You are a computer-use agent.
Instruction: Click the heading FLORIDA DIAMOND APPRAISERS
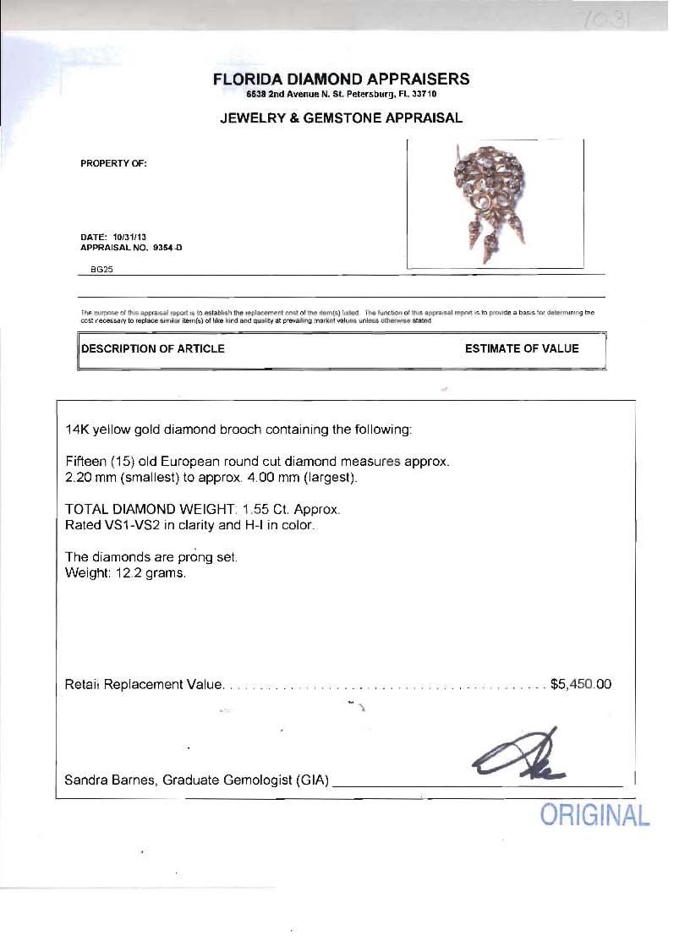(x=341, y=79)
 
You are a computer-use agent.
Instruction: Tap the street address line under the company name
(x=341, y=95)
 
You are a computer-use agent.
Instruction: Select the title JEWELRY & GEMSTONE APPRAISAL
(x=341, y=118)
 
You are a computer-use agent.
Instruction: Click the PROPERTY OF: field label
(x=114, y=163)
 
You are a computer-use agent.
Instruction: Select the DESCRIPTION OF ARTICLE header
(x=153, y=348)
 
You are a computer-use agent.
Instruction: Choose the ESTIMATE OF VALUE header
(x=522, y=348)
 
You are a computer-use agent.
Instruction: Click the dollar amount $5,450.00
(x=580, y=684)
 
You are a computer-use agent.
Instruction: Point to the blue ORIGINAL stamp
(x=595, y=816)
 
